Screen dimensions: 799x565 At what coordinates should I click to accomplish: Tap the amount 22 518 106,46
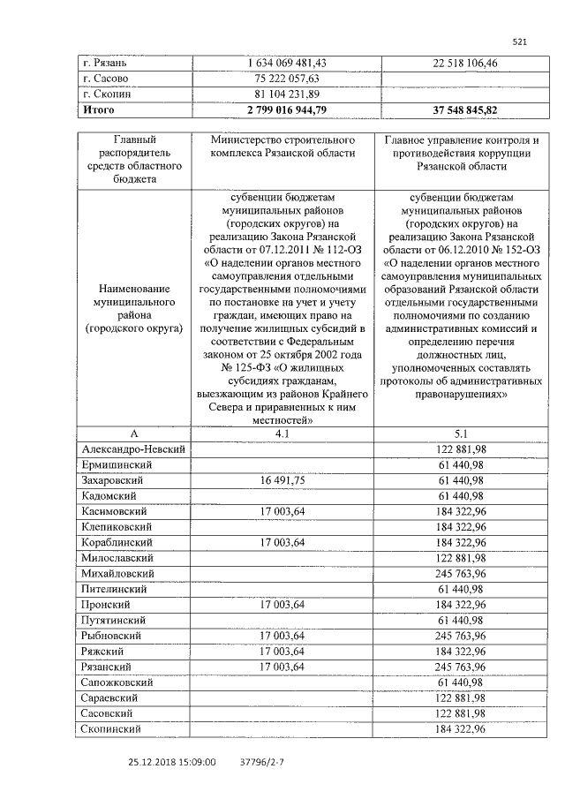click(454, 63)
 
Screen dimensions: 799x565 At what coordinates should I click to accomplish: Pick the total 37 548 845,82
click(454, 110)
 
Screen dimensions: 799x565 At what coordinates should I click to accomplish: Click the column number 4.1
click(282, 433)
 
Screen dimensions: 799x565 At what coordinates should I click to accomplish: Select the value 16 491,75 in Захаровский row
click(282, 480)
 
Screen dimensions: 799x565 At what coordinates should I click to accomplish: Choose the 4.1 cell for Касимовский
click(282, 511)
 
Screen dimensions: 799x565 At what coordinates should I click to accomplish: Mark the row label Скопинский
click(113, 729)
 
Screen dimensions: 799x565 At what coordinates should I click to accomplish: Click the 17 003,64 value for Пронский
click(282, 605)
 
